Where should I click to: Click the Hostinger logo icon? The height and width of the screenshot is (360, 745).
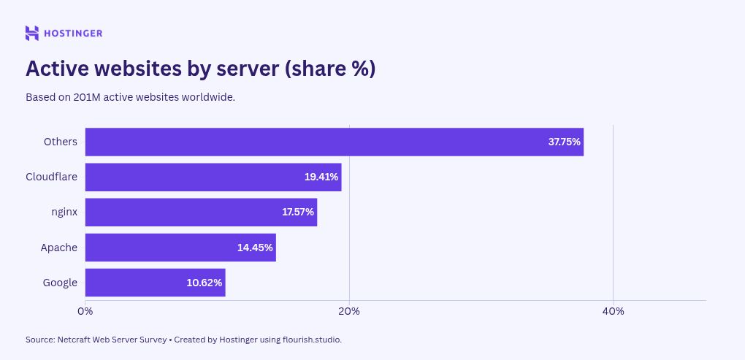(32, 33)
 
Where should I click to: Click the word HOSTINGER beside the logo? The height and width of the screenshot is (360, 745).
(74, 33)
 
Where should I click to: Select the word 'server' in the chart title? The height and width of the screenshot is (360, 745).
(248, 69)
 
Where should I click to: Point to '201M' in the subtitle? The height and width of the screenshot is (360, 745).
(87, 97)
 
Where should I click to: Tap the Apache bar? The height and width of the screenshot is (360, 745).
(161, 248)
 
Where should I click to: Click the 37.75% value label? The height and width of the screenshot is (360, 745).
(564, 142)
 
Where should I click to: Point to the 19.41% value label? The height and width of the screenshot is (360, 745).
(321, 177)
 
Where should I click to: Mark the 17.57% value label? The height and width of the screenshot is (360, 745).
(297, 212)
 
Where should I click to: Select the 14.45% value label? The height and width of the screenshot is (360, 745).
(255, 248)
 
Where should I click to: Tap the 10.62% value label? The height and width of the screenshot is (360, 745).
(204, 283)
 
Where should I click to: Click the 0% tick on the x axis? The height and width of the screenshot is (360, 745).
(85, 311)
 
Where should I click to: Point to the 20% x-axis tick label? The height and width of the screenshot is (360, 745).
(349, 311)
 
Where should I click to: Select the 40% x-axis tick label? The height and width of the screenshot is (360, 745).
(613, 311)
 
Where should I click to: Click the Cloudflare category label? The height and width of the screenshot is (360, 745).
(51, 177)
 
